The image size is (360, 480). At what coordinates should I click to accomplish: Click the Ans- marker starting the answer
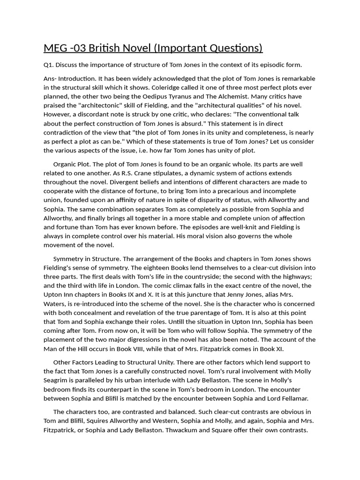click(x=51, y=78)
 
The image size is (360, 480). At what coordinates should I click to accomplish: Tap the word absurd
click(x=191, y=123)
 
